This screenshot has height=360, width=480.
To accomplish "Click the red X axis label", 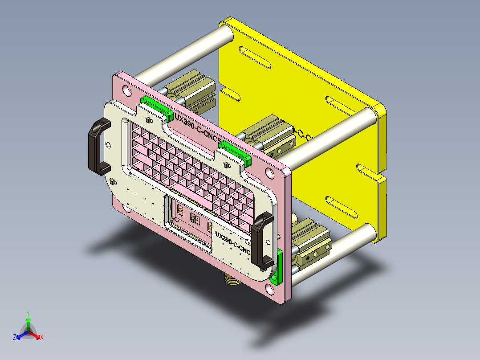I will pyautogui.click(x=42, y=338).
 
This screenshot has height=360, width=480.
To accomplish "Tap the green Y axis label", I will pyautogui.click(x=28, y=313).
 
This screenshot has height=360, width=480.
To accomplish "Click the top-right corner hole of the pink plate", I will pyautogui.click(x=269, y=173).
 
